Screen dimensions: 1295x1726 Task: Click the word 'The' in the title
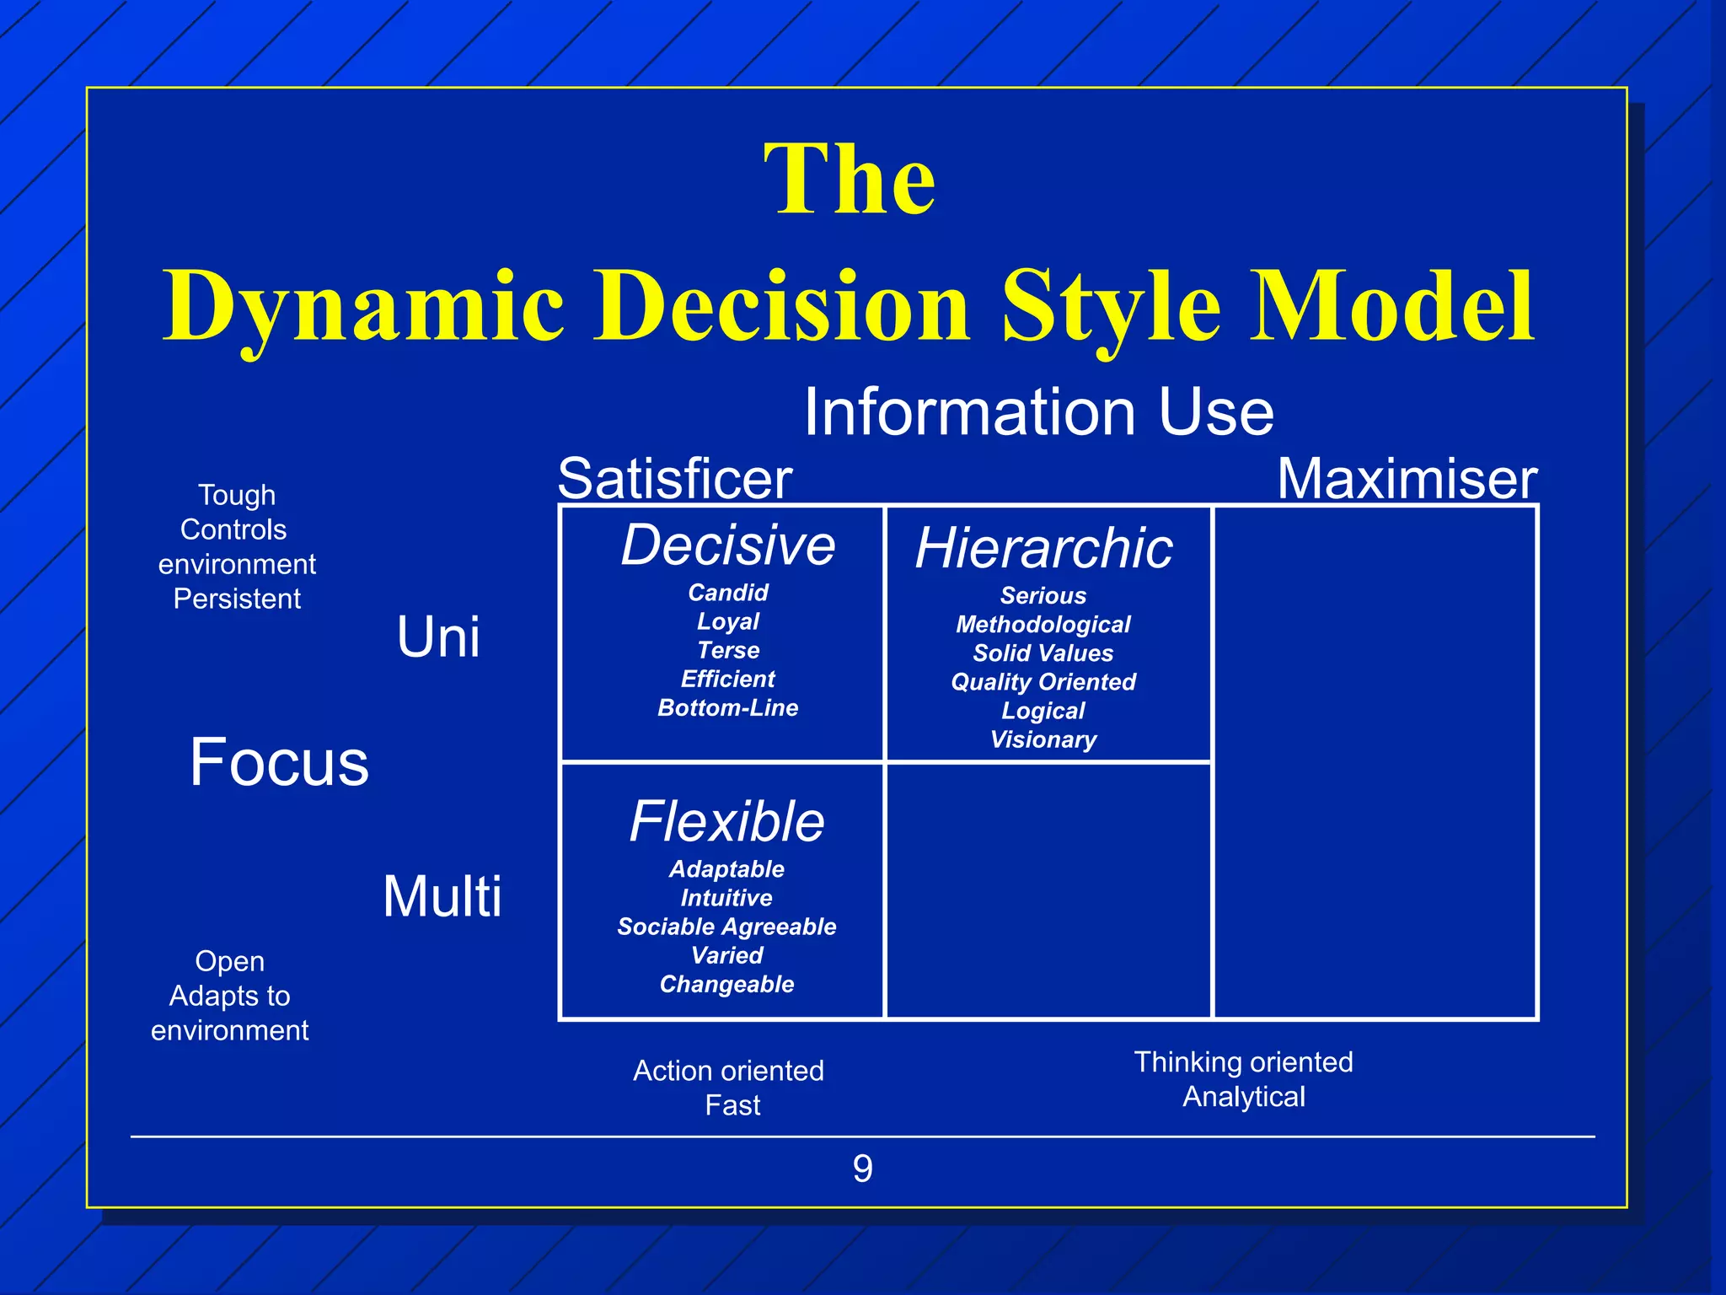pyautogui.click(x=850, y=180)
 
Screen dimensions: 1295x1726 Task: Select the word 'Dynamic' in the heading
pyautogui.click(x=363, y=307)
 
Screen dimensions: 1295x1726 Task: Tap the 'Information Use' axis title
pyautogui.click(x=1038, y=411)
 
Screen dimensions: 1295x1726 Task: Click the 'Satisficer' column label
pyautogui.click(x=674, y=479)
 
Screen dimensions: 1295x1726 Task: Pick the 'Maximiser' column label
pyautogui.click(x=1407, y=479)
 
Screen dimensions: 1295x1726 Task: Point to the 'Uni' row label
pyautogui.click(x=438, y=637)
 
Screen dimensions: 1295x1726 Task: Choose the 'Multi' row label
pyautogui.click(x=442, y=896)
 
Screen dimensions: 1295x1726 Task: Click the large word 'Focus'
pyautogui.click(x=279, y=762)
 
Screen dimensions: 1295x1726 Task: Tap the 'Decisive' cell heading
pyautogui.click(x=728, y=545)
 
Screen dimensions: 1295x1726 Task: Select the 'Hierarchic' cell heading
pyautogui.click(x=1043, y=548)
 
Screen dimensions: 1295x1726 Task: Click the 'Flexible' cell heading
pyautogui.click(x=726, y=821)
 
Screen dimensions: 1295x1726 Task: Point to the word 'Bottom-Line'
pyautogui.click(x=727, y=707)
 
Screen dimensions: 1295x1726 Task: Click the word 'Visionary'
pyautogui.click(x=1043, y=739)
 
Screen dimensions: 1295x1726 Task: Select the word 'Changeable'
pyautogui.click(x=726, y=984)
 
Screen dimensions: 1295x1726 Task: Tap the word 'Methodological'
pyautogui.click(x=1043, y=625)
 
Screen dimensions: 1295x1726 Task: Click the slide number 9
pyautogui.click(x=862, y=1169)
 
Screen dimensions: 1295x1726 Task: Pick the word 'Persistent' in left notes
pyautogui.click(x=237, y=599)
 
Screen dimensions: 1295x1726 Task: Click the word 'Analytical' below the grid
pyautogui.click(x=1244, y=1097)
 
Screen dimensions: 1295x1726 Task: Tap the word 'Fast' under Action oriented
pyautogui.click(x=732, y=1105)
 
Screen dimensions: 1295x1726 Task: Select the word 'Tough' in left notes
pyautogui.click(x=237, y=495)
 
